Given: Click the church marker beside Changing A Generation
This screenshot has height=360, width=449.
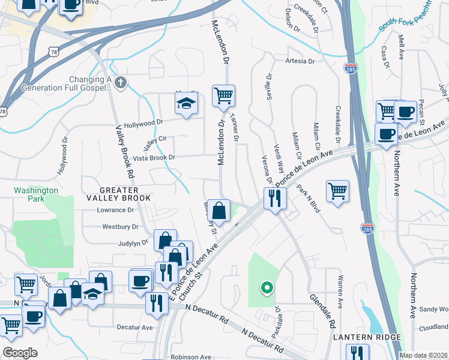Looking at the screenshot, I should [x=121, y=83].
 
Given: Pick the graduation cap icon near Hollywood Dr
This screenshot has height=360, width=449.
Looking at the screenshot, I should [x=187, y=104].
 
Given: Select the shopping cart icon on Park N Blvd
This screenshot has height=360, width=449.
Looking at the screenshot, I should [x=338, y=191].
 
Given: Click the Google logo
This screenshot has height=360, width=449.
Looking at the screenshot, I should [x=20, y=353].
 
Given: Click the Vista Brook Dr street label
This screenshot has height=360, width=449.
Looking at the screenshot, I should [x=154, y=158].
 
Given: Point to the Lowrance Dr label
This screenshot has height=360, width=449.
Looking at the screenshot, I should [x=115, y=210].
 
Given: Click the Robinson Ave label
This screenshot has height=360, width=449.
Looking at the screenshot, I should [x=191, y=356].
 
